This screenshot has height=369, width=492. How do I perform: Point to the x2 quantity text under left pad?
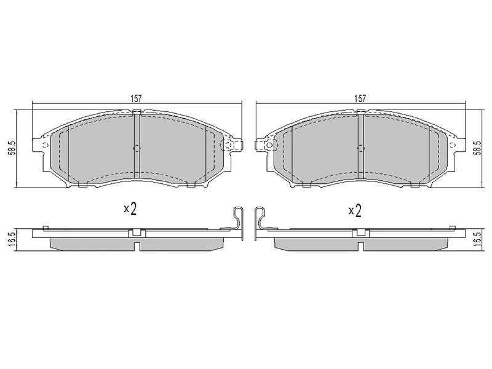tap(129, 209)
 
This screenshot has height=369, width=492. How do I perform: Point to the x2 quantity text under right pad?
tap(354, 210)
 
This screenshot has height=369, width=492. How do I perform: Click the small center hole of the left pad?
tap(137, 148)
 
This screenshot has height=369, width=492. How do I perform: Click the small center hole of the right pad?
tap(360, 148)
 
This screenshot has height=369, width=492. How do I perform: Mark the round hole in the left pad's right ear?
tap(229, 145)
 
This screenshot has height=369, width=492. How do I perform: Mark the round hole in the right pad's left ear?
tap(268, 145)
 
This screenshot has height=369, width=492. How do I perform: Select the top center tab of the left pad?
tap(137, 112)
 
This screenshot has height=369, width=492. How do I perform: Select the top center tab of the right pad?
tap(360, 112)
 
